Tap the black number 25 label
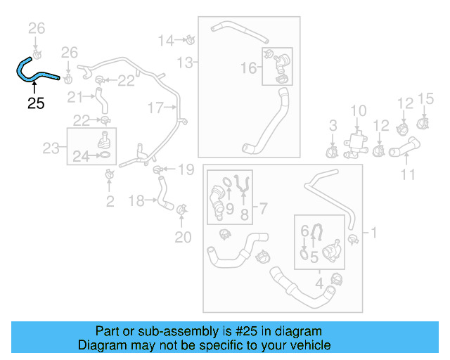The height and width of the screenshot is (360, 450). point(36,103)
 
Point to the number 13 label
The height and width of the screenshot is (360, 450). point(184,63)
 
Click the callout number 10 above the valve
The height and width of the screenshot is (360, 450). point(359,110)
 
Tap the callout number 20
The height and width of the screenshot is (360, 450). point(183,238)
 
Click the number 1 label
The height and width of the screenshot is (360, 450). point(373,232)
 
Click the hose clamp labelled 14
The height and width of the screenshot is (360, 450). point(191,39)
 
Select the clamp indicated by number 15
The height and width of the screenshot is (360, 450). point(425,123)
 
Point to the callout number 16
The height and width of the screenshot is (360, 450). point(249,67)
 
